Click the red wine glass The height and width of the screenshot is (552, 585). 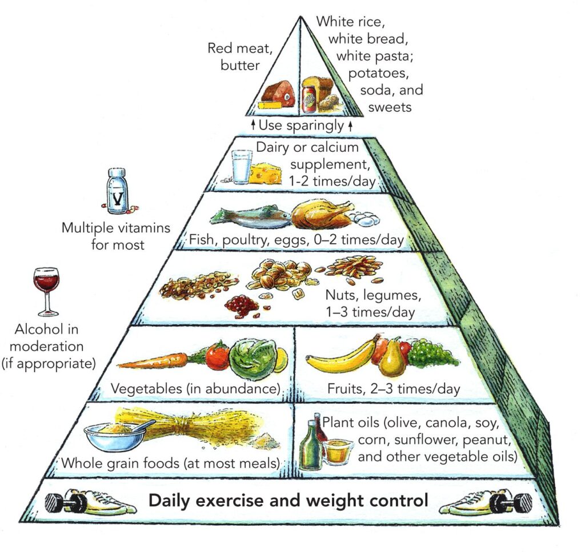(x=46, y=291)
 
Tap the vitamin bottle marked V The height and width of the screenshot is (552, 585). (x=117, y=191)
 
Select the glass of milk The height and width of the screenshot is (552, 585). (x=242, y=167)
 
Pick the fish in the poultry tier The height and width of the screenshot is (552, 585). (x=251, y=216)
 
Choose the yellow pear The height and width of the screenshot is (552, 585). (x=392, y=358)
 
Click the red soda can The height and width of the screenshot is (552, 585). (x=309, y=99)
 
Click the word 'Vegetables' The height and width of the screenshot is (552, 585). (x=146, y=388)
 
